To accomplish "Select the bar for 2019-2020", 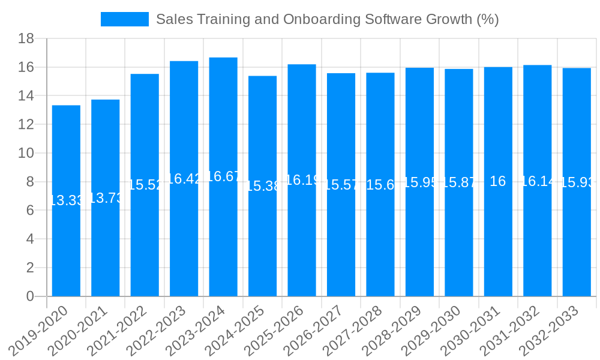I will click(66, 240).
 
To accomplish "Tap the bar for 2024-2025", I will click(262, 240).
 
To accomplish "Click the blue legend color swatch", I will click(125, 19).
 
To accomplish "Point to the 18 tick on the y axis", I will click(26, 39).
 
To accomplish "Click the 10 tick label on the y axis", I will click(26, 154).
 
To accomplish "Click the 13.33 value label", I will click(66, 200).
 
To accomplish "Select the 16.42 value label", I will click(184, 179).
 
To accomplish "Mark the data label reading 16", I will click(498, 181).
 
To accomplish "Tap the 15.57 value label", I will click(341, 185).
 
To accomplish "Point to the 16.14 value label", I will click(538, 181).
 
